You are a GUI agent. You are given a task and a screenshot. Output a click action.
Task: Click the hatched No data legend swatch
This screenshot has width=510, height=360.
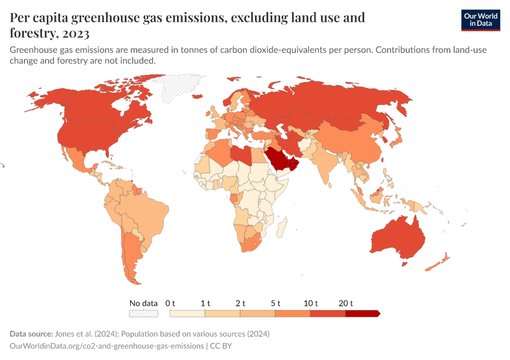[x=143, y=313]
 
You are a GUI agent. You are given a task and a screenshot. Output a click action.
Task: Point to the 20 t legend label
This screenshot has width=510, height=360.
[x=346, y=303]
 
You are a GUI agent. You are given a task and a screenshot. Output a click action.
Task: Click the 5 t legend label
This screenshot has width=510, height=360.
[x=275, y=303]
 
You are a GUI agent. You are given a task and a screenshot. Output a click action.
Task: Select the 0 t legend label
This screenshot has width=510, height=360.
[x=170, y=303]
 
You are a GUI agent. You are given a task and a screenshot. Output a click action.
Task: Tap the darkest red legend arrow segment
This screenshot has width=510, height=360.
[x=362, y=313]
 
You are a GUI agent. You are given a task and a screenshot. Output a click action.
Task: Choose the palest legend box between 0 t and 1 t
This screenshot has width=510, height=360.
[x=187, y=313]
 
